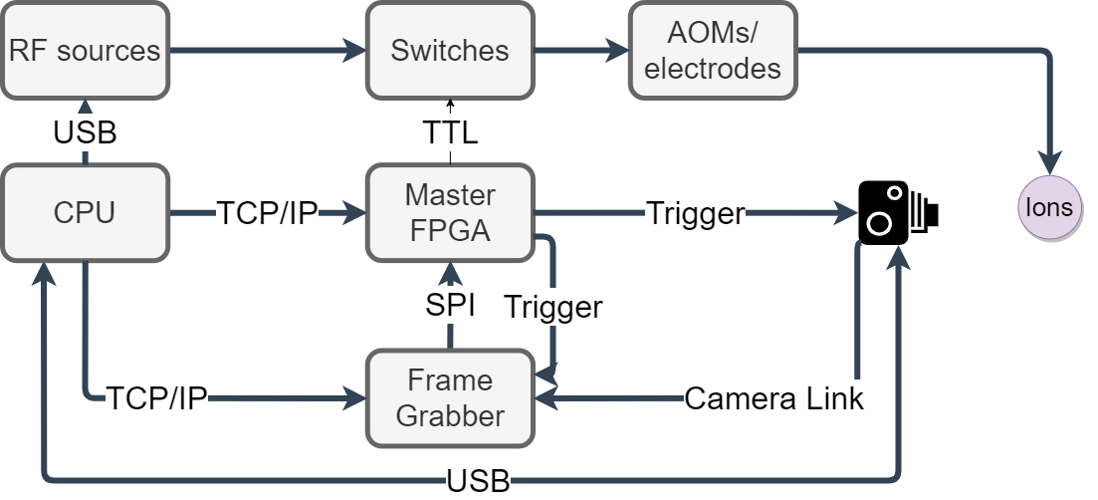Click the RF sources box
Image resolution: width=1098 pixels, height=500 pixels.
pyautogui.click(x=84, y=50)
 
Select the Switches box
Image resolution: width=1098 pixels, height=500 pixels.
pyautogui.click(x=450, y=50)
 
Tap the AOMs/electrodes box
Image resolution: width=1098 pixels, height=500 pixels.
pyautogui.click(x=713, y=50)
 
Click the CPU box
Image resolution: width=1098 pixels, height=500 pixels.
pyautogui.click(x=84, y=212)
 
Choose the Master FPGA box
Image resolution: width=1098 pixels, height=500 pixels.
pyautogui.click(x=450, y=212)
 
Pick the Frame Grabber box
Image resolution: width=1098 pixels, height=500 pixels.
pyautogui.click(x=450, y=397)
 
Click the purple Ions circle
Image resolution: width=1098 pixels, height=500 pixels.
pyautogui.click(x=1049, y=207)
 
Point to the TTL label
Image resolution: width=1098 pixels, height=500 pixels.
pyautogui.click(x=450, y=132)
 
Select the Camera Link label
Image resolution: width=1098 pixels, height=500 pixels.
pyautogui.click(x=773, y=399)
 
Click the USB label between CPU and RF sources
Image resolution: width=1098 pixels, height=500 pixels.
pyautogui.click(x=85, y=132)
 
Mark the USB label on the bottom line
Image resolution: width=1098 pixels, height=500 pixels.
pyautogui.click(x=478, y=481)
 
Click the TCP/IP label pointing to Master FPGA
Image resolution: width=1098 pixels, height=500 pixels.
pyautogui.click(x=267, y=213)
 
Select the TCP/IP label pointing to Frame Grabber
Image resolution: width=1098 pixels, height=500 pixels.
pyautogui.click(x=156, y=399)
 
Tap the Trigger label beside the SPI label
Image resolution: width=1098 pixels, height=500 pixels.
pyautogui.click(x=552, y=307)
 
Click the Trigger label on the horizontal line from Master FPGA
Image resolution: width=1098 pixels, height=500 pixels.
pyautogui.click(x=695, y=213)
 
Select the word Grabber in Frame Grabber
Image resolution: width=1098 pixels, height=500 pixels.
pyautogui.click(x=450, y=415)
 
